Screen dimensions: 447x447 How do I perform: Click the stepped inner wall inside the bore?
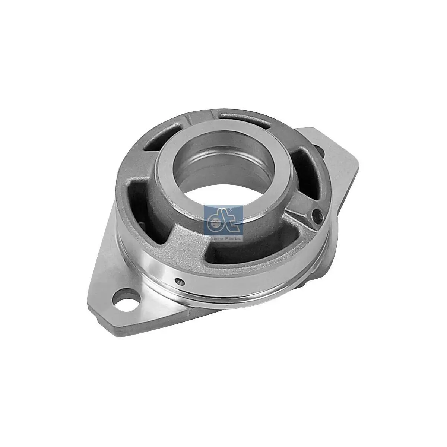pos(209,156)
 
